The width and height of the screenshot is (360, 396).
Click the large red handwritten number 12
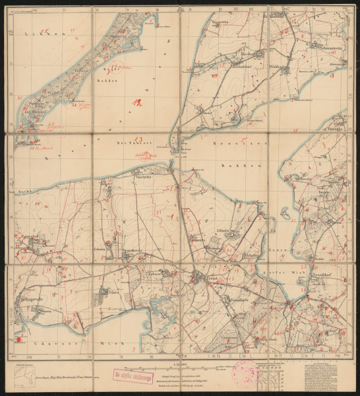[x=136, y=103]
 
